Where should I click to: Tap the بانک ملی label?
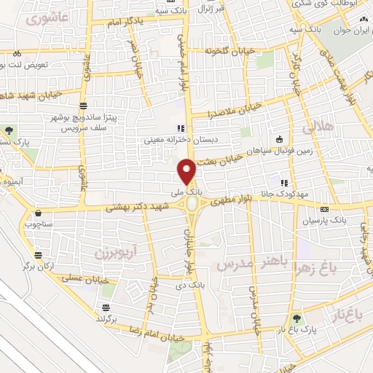coord(188,191)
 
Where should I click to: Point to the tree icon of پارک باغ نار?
coord(296,318)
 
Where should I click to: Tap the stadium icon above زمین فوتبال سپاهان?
coord(279,139)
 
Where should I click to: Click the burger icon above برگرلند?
coord(106,307)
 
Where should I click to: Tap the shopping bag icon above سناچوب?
coord(37,213)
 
